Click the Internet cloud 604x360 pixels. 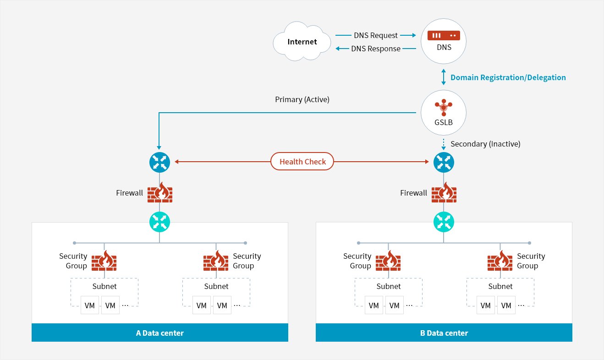tap(302, 42)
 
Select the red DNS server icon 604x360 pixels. tap(443, 35)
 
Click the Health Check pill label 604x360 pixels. tap(302, 162)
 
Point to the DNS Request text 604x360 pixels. tap(376, 35)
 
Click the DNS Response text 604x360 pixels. tap(376, 49)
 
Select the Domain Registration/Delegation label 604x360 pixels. tap(508, 77)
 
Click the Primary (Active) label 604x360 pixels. tap(302, 99)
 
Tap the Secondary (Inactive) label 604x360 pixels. tap(485, 144)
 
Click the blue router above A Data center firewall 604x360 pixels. tap(159, 162)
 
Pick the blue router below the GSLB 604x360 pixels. tap(444, 162)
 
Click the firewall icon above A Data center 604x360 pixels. tap(160, 193)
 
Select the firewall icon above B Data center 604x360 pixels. tap(444, 193)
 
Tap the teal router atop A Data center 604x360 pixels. tap(159, 222)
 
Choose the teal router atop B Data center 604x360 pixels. tap(444, 222)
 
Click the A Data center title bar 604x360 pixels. tap(159, 333)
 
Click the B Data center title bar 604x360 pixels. tap(444, 333)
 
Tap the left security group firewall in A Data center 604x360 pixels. tap(104, 261)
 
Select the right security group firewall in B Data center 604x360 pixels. tap(500, 261)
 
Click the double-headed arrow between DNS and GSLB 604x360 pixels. tap(443, 77)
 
